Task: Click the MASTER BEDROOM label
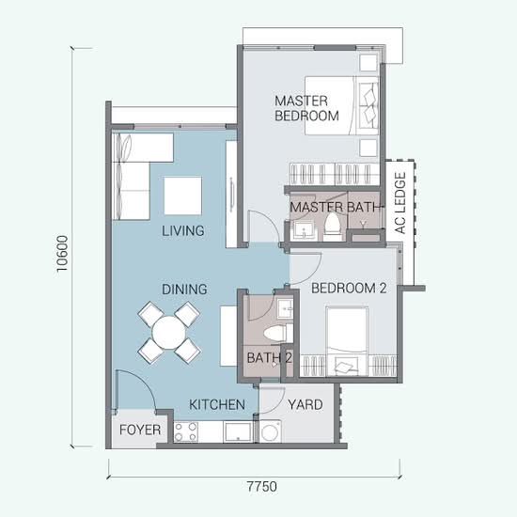[x=306, y=108]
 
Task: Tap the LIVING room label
[x=183, y=231]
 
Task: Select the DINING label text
[x=184, y=290]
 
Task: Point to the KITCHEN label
[x=217, y=404]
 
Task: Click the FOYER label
[x=140, y=430]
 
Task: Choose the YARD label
[x=305, y=404]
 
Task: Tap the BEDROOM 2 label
[x=349, y=289]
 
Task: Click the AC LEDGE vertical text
[x=399, y=203]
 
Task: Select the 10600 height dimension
[x=62, y=254]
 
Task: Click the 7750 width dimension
[x=262, y=486]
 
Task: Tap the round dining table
[x=169, y=333]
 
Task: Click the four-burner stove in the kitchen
[x=186, y=432]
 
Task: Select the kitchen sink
[x=238, y=432]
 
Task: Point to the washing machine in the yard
[x=271, y=431]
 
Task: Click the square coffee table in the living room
[x=183, y=196]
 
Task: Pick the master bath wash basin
[x=304, y=229]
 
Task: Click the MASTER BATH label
[x=335, y=207]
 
